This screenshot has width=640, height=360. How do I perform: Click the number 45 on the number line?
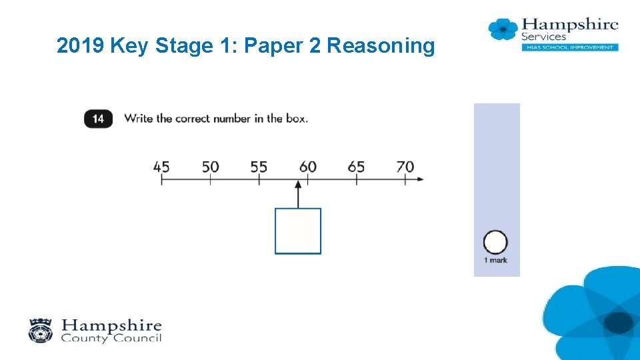[161, 167]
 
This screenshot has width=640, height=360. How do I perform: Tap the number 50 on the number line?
[210, 167]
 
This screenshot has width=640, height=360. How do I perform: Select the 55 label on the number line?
[259, 167]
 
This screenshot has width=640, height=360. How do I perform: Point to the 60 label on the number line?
[308, 167]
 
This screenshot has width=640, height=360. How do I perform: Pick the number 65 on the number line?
[356, 167]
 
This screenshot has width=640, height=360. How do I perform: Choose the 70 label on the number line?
[405, 167]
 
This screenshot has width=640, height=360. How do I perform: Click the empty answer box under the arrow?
[298, 231]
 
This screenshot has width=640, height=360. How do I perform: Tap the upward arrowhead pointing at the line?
[298, 185]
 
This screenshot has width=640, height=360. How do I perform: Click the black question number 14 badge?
[98, 119]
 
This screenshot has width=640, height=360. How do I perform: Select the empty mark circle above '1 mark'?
[495, 242]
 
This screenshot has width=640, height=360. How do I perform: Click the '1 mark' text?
[495, 260]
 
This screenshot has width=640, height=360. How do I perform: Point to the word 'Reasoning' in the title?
[381, 46]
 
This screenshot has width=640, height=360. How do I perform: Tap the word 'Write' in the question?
[139, 119]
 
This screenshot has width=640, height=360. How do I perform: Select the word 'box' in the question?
[297, 119]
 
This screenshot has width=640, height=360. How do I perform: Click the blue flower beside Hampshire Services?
[503, 29]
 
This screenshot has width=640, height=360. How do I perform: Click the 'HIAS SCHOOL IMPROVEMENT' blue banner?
[569, 47]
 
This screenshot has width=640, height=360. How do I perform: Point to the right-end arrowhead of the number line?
[419, 179]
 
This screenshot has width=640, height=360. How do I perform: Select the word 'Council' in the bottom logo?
[136, 338]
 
